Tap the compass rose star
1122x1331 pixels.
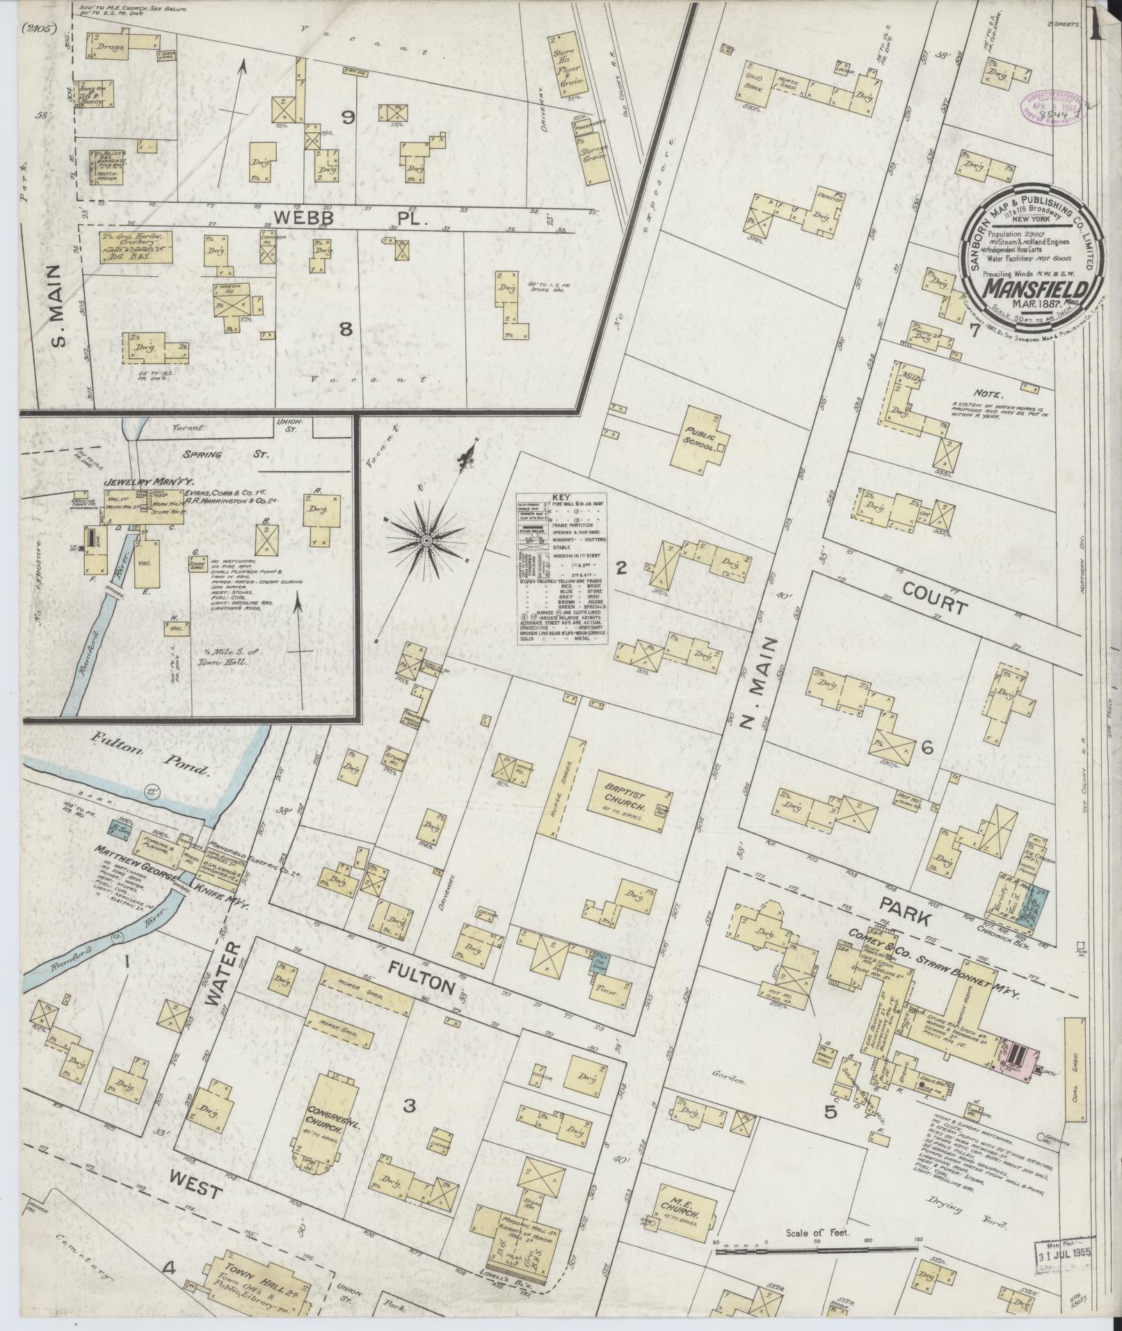point(426,540)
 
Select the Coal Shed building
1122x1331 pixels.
point(1075,1076)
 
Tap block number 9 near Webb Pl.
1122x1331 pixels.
point(346,118)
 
